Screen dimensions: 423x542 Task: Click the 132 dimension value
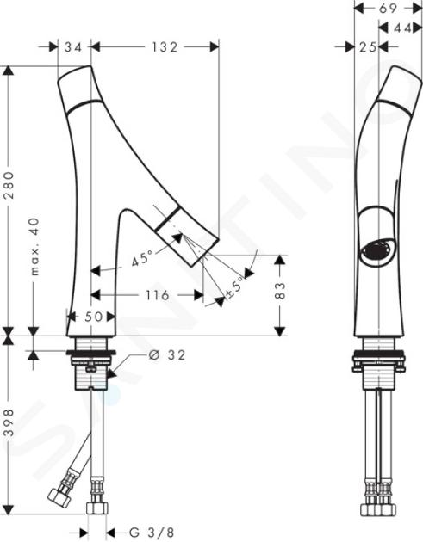coord(165,47)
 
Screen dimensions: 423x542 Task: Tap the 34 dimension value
coord(73,47)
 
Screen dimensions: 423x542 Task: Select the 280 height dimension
coord(10,185)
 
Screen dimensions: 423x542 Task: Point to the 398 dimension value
coord(10,422)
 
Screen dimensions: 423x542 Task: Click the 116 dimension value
coord(158,295)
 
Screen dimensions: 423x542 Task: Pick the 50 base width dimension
coord(93,317)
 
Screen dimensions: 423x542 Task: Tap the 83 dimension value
coord(281,291)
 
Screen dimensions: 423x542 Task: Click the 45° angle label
coord(142,258)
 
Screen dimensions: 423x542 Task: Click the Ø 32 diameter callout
coord(167,354)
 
